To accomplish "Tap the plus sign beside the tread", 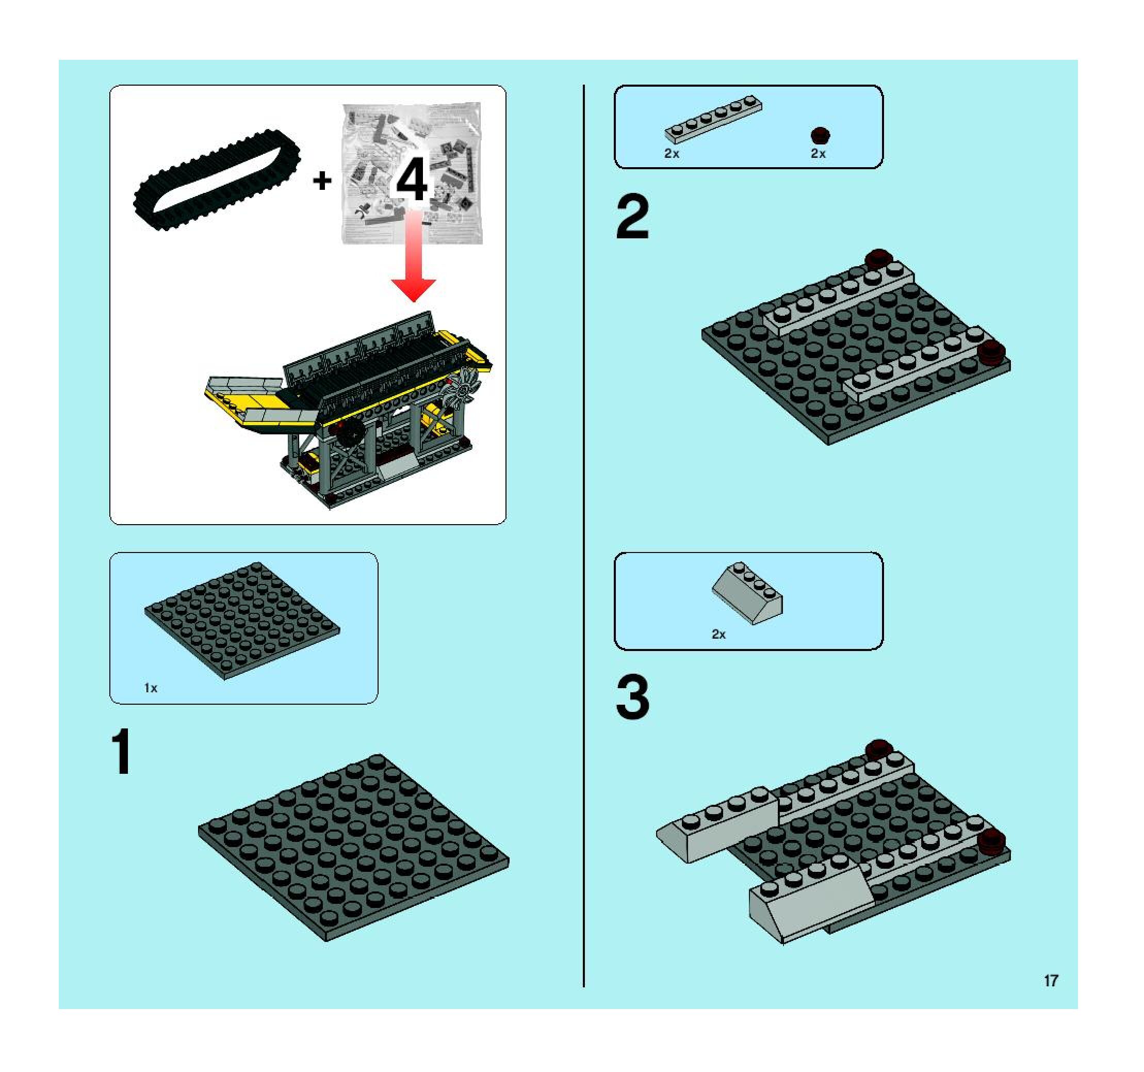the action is coord(322,181).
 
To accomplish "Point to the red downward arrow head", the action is coord(413,289).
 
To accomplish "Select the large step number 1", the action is coord(122,752).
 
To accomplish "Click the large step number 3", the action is coord(632,697).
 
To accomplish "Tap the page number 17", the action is coord(1051,981).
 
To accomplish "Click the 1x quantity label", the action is coord(151,688).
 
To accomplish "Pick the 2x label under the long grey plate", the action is coord(672,154).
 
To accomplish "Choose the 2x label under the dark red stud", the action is coord(819,154).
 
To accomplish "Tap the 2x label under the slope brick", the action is coord(719,634).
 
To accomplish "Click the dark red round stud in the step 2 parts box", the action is coord(821,135).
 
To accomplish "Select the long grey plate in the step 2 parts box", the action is coord(713,119).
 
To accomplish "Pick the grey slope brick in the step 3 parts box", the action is coord(747,593).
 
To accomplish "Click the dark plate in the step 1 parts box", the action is coord(242,621).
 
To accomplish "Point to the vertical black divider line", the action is coord(584,537).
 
